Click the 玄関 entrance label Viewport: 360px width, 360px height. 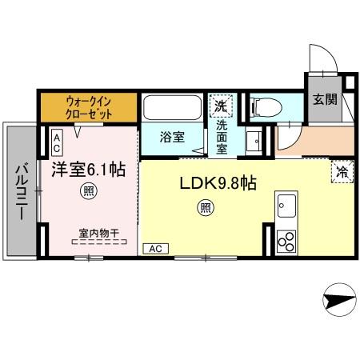[323, 100]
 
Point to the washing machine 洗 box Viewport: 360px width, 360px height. [219, 105]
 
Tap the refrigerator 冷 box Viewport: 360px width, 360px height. [342, 170]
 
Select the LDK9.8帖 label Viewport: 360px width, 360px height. [218, 183]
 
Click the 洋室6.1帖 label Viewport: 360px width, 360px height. [89, 170]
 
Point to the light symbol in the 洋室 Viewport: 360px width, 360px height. [86, 192]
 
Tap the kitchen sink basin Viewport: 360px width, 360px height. [286, 210]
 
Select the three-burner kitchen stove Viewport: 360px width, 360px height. [286, 240]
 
